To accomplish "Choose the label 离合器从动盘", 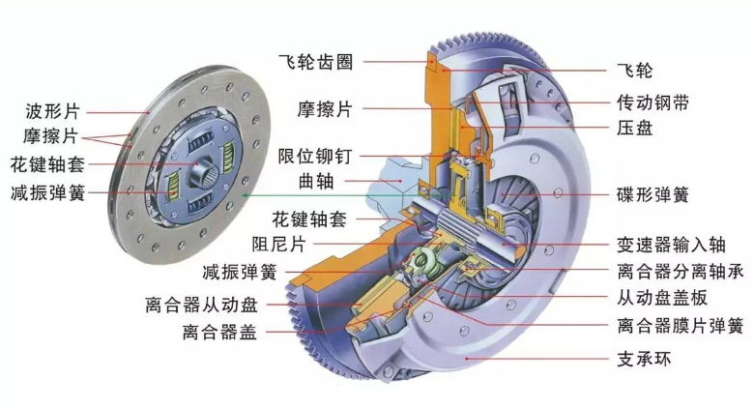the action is point(203,305).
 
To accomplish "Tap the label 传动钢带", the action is point(652,101).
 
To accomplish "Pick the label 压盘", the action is point(634,127).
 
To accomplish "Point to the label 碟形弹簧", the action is point(652,194).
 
